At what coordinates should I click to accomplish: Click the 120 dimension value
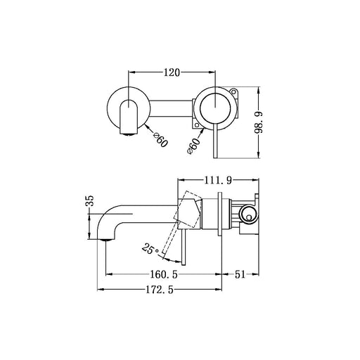172,72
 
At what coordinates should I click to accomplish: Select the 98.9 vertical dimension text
259,122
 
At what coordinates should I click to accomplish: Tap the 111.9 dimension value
218,181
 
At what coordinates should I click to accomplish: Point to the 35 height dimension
89,200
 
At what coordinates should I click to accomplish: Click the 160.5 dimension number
164,274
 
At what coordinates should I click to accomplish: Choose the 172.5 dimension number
160,290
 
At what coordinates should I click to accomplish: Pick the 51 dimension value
240,274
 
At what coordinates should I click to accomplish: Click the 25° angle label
150,249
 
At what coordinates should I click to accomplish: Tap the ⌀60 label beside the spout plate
160,140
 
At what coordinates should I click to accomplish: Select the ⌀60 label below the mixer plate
194,146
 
